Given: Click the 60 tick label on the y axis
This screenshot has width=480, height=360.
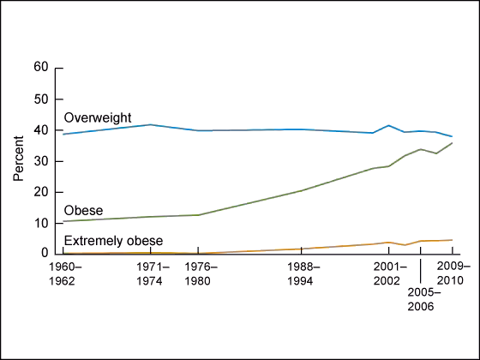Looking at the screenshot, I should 40,68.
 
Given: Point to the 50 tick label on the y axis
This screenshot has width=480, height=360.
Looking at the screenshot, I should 40,99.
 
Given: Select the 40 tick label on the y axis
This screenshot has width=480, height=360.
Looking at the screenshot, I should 40,130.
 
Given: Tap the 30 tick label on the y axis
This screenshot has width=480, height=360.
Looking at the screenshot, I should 40,161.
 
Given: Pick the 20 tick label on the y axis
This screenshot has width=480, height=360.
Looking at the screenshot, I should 40,192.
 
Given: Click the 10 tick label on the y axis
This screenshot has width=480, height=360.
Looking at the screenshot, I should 40,223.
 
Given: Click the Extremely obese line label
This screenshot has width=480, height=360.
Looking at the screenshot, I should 113,241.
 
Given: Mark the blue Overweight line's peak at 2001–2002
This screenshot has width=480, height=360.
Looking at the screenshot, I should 388,126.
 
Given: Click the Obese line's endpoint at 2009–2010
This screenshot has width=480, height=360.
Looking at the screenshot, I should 453,142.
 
